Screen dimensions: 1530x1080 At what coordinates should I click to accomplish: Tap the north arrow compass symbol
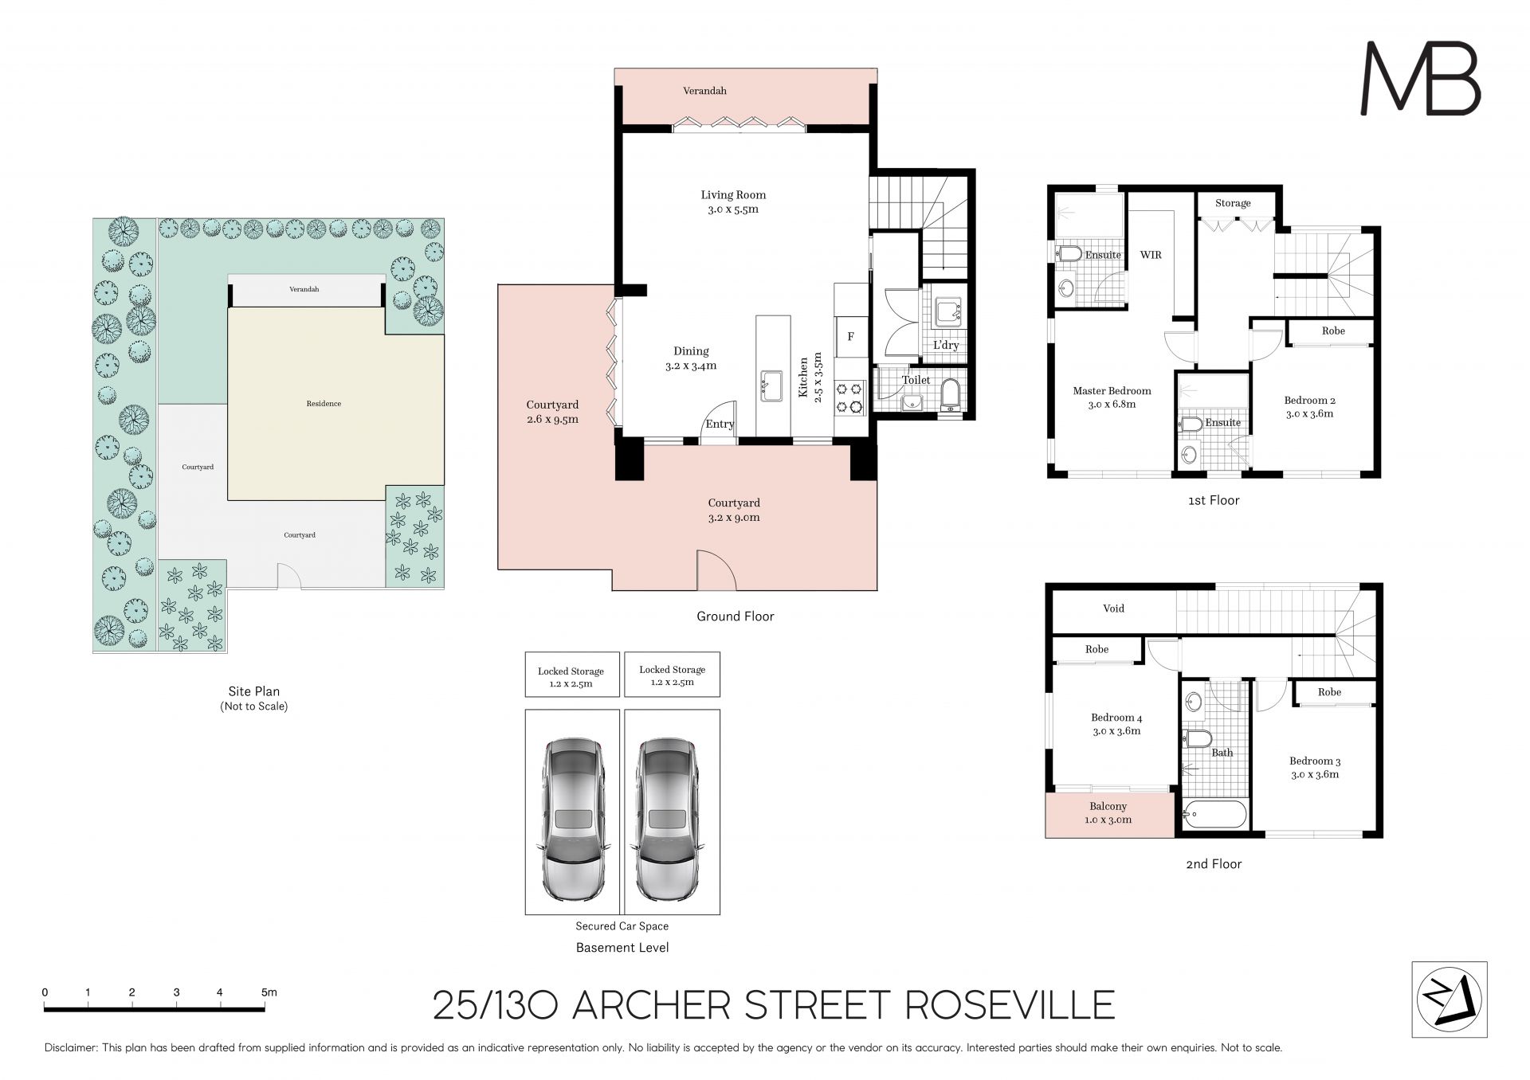[x=1449, y=999]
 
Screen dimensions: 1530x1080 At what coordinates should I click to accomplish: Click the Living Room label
[x=733, y=194]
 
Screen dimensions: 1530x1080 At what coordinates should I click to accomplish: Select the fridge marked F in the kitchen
[x=850, y=337]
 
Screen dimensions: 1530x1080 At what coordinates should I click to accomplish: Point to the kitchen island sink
[x=771, y=385]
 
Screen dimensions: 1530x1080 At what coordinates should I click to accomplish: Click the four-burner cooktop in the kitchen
[x=850, y=397]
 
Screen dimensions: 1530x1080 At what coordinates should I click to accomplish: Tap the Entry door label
[x=720, y=424]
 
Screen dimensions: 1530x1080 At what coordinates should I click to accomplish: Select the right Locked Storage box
[x=672, y=675]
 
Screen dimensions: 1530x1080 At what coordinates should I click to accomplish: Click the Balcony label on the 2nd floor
[x=1108, y=806]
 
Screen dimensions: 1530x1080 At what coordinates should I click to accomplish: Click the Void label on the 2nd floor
[x=1113, y=608]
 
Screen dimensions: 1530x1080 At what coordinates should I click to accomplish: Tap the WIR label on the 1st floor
[x=1151, y=255]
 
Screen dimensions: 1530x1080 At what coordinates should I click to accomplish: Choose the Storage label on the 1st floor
[x=1233, y=203]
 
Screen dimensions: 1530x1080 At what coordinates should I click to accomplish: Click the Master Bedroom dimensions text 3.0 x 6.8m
[x=1112, y=404]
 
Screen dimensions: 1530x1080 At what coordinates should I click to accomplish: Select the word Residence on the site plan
[x=324, y=404]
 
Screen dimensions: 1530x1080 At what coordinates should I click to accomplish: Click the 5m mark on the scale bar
[x=269, y=992]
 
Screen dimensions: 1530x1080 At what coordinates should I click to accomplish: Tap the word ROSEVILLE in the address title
[x=1010, y=1005]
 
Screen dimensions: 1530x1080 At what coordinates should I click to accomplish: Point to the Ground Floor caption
[x=735, y=616]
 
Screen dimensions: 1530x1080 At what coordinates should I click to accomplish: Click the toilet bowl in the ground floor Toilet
[x=951, y=394]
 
